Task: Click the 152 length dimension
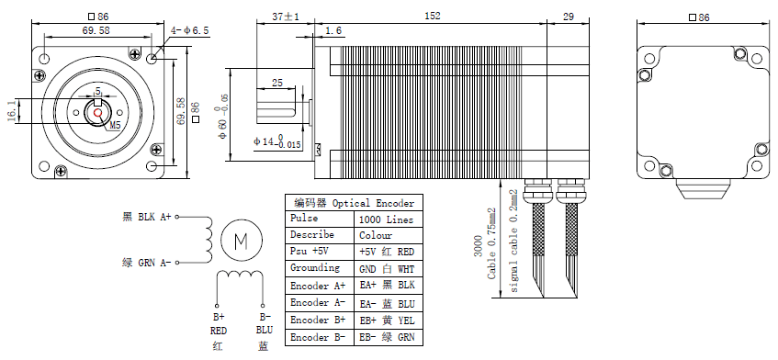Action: [432, 16]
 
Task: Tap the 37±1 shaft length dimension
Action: [286, 17]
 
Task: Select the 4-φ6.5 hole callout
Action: [190, 30]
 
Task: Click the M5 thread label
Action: [115, 126]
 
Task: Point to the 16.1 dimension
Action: [11, 110]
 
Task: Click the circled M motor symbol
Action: [242, 241]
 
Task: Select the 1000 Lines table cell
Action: [386, 219]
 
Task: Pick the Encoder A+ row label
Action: [318, 287]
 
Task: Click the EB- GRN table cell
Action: [387, 338]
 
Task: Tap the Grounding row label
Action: [315, 268]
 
